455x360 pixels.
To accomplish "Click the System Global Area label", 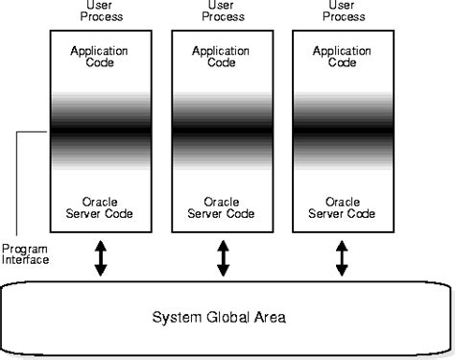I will [x=224, y=317].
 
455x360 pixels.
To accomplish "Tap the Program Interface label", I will [x=26, y=252].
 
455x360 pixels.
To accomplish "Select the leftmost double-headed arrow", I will [x=101, y=258].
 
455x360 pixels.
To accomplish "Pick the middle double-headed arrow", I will [x=223, y=258].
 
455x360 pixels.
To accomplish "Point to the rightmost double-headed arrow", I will [x=343, y=258].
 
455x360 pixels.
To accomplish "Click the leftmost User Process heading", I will [x=101, y=11].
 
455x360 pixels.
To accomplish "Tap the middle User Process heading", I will [x=223, y=11].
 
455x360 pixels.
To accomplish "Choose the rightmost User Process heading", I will [x=343, y=11].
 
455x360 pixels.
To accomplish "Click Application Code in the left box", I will [x=101, y=56].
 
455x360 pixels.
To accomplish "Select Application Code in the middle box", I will [x=223, y=56].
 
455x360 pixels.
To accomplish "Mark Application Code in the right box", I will [x=343, y=56].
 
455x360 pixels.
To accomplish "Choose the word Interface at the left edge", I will [x=26, y=259].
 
